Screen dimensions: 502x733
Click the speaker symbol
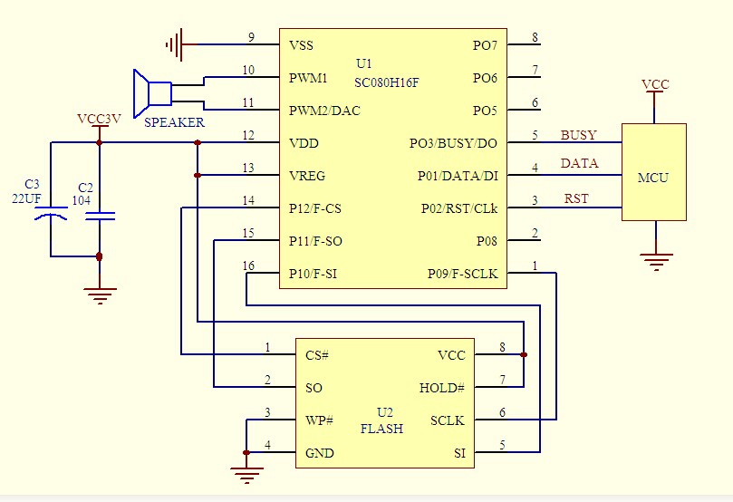152,92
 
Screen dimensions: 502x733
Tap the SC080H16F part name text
387,82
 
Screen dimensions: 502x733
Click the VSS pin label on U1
303,45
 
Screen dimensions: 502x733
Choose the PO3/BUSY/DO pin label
453,143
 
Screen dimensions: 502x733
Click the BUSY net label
578,136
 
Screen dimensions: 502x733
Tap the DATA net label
579,164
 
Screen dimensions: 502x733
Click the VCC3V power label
99,120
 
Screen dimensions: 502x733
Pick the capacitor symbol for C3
51,215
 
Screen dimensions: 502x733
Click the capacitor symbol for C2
99,216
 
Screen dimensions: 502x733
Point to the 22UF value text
28,198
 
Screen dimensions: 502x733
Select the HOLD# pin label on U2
442,388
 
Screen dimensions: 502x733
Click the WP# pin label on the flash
320,420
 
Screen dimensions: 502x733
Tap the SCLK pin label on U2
448,420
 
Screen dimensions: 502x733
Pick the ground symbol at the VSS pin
174,43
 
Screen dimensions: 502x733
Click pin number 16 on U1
248,265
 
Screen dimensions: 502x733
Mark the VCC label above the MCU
655,85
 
